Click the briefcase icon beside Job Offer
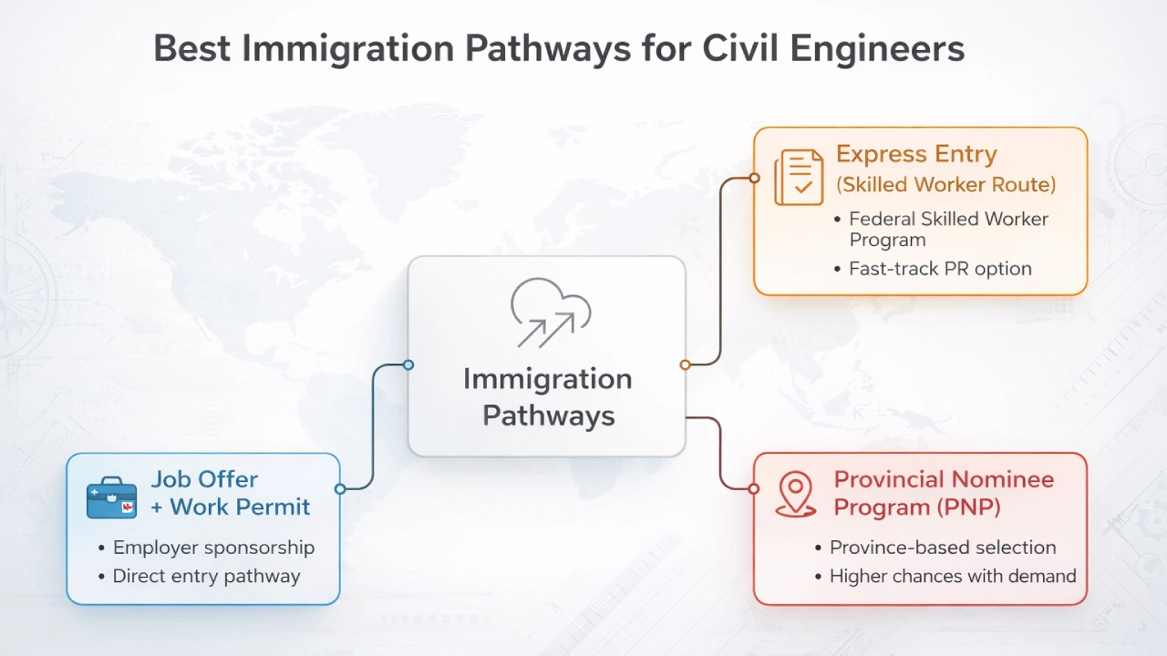coord(111,497)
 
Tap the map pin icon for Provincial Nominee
coord(795,494)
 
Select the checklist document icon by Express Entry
coord(797,177)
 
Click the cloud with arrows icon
coord(550,312)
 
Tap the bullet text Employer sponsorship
coord(213,548)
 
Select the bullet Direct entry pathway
coord(206,576)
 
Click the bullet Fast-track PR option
coord(940,269)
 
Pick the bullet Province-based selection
coord(943,548)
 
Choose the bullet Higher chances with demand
coord(953,576)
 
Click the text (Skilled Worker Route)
coord(945,185)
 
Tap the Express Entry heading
coord(916,154)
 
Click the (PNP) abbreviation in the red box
coord(969,507)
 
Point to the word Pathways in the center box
coord(549,415)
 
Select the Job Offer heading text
coord(204,479)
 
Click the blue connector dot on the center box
coord(408,364)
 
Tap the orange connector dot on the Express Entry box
coord(754,178)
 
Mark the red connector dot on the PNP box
coord(754,488)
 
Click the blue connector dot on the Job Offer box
coord(340,488)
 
